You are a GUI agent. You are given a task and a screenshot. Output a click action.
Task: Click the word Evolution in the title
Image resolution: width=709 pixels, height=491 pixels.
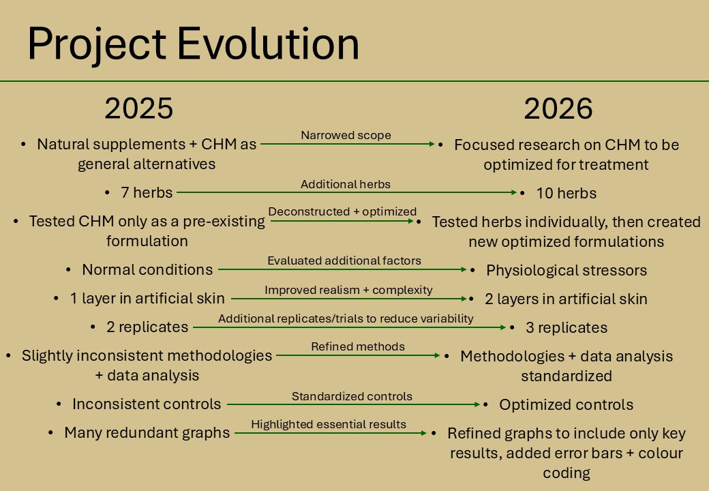point(268,44)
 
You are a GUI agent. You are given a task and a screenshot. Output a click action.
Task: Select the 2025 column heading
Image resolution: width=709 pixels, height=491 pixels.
point(139,108)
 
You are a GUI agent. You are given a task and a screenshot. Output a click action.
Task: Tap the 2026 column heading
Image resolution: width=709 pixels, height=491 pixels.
point(558,108)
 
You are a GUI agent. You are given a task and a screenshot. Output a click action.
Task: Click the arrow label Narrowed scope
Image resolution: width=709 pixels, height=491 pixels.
point(346,135)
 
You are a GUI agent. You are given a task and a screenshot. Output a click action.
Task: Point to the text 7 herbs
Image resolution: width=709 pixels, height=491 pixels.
point(147,192)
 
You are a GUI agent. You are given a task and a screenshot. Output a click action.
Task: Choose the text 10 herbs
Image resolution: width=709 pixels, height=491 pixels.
point(566,193)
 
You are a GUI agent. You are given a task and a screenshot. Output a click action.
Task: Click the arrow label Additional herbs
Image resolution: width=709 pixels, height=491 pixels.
point(346,184)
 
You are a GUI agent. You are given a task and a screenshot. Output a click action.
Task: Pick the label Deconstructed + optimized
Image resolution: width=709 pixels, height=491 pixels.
point(342,211)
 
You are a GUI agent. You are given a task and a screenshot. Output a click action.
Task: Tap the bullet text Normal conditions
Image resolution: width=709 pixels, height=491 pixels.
point(147,269)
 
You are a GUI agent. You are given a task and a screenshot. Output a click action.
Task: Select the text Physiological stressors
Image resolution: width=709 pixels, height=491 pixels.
point(567,270)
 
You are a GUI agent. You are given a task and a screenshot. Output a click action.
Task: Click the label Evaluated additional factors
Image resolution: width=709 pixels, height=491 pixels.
point(344,261)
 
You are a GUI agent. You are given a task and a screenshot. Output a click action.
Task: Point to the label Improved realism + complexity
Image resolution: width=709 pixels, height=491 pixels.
point(348,290)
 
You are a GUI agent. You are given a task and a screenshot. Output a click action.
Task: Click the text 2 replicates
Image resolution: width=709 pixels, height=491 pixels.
point(147,327)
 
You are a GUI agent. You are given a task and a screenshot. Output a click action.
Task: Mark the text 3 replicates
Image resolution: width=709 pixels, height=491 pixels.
point(567,327)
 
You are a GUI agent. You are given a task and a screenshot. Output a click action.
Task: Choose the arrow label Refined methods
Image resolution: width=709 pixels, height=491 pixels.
point(358,346)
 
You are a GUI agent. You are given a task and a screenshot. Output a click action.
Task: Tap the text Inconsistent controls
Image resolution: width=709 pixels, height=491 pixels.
point(147,404)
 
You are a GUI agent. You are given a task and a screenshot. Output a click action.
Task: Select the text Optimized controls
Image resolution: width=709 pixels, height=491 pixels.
point(566,404)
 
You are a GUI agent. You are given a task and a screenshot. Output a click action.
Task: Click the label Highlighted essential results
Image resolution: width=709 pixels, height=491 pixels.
point(329,424)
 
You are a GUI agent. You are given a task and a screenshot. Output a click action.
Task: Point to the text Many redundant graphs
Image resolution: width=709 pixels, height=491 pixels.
point(147,432)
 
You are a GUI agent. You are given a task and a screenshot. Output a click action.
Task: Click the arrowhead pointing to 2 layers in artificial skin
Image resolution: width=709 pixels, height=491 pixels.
point(464,299)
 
